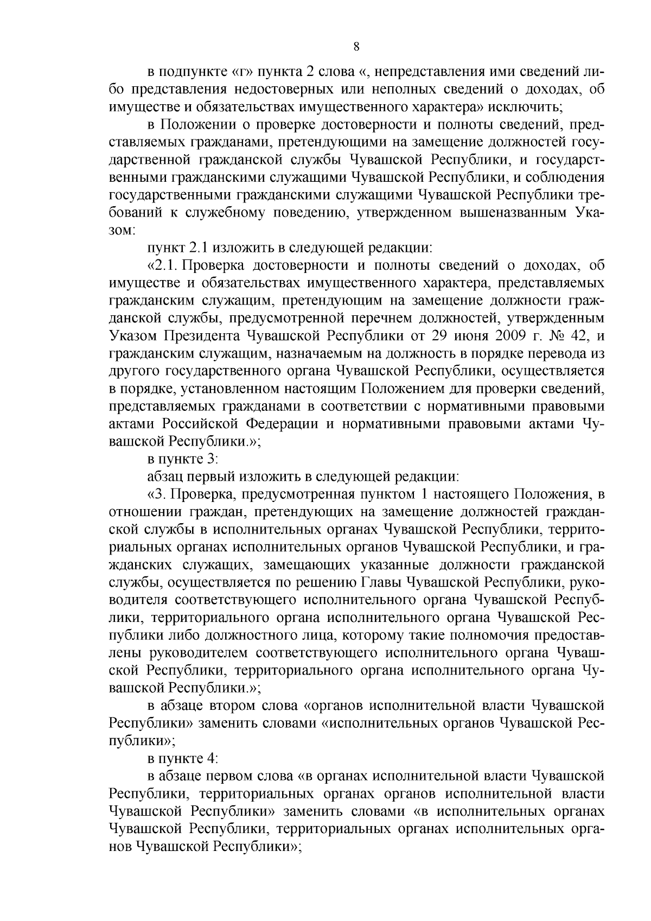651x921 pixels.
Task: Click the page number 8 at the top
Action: click(356, 47)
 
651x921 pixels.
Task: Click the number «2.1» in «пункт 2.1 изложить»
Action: click(198, 248)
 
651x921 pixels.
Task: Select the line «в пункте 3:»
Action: click(183, 459)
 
